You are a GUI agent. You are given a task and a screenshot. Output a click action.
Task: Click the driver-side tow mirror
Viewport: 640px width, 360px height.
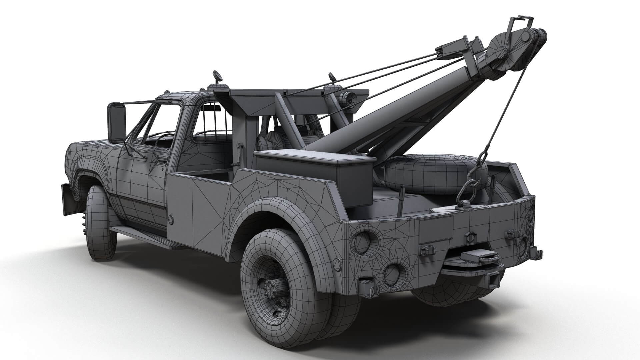pyautogui.click(x=116, y=123)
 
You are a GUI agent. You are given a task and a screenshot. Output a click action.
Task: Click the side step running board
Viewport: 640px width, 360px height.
pyautogui.click(x=143, y=235)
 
